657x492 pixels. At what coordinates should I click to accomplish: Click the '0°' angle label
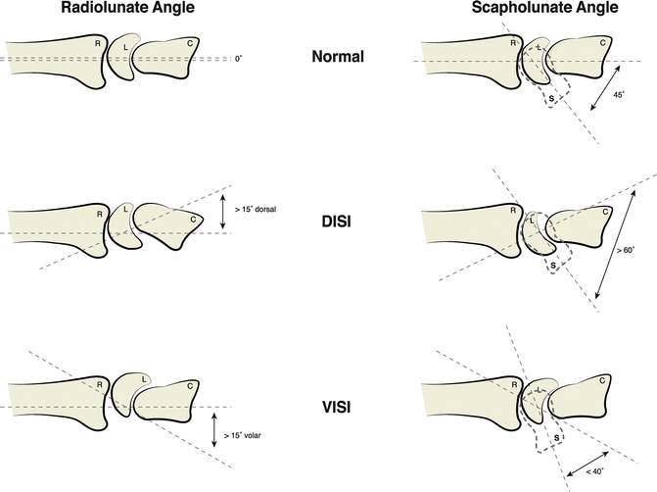click(238, 60)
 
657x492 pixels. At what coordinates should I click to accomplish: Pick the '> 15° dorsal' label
click(258, 209)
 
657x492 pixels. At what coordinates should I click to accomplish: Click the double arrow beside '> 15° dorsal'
click(224, 211)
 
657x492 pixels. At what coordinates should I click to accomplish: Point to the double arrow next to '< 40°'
click(584, 459)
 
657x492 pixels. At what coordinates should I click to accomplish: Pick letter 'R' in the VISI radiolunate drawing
click(99, 385)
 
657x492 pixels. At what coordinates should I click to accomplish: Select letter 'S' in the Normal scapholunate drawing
click(551, 99)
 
